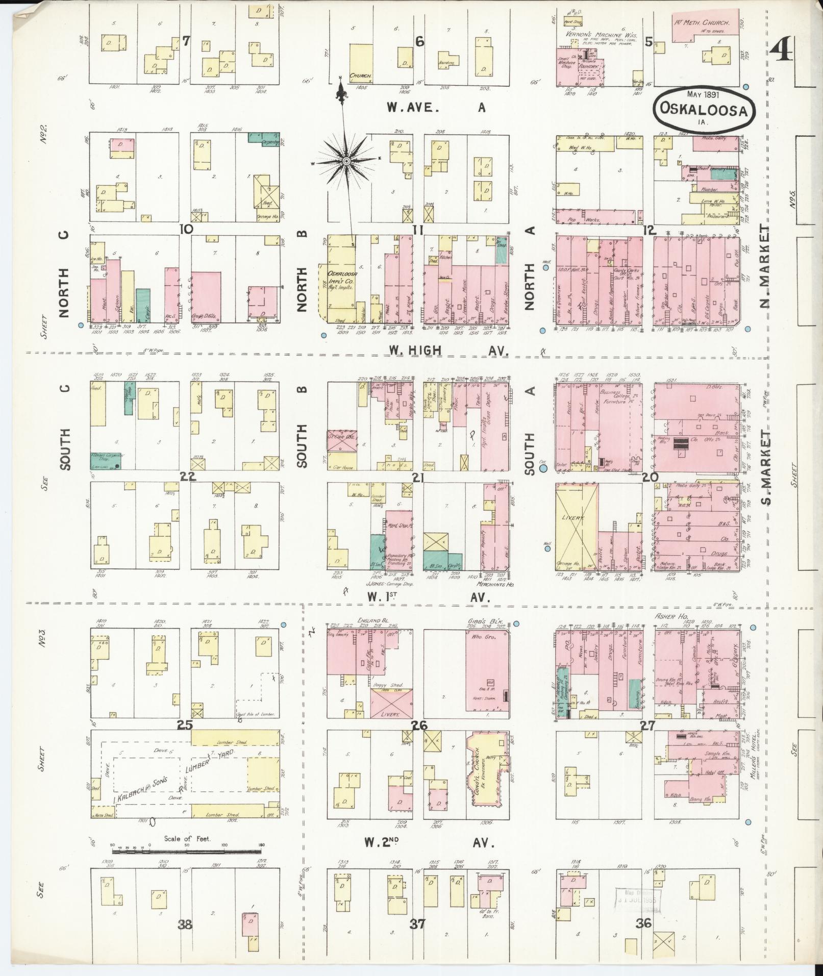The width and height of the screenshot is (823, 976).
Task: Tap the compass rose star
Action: point(345,162)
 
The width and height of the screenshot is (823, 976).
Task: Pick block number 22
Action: point(189,476)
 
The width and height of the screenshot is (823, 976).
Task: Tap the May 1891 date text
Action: point(702,94)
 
